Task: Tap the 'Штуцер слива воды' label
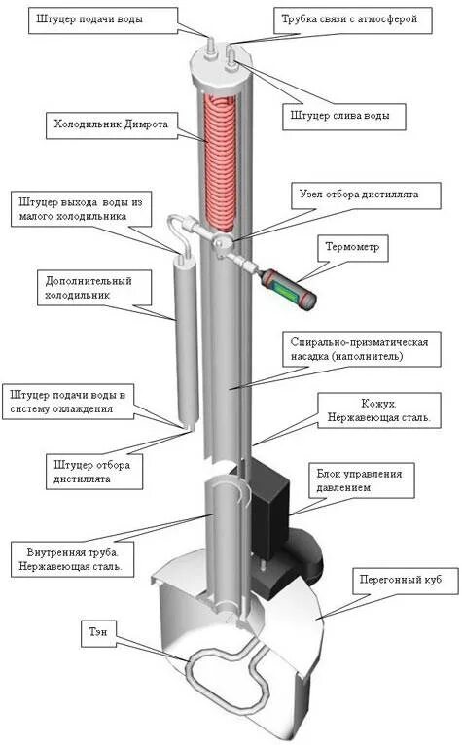[342, 116]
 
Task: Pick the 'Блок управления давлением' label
[366, 479]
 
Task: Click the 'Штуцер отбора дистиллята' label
[94, 471]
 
